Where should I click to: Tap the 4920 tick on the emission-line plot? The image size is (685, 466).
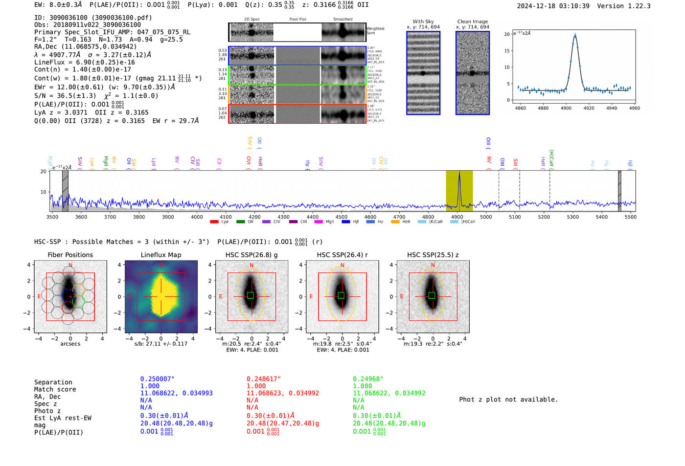pos(589,108)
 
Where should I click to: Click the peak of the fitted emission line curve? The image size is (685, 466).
pos(575,35)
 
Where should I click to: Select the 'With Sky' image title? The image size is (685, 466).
pos(423,22)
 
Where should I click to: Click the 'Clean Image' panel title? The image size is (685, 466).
pos(472,22)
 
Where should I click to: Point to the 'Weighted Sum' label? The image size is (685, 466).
pos(375,31)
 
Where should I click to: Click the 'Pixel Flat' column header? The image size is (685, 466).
pos(297,20)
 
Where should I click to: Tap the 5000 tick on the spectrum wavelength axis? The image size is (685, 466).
pos(486,217)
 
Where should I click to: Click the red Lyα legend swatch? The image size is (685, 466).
pos(214,222)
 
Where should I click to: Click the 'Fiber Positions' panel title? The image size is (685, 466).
pos(70,255)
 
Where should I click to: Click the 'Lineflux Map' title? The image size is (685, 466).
pos(160,255)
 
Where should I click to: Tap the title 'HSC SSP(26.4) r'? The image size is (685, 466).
pos(342,255)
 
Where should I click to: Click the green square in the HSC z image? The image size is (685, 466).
pos(432,295)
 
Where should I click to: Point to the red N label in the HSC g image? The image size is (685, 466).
pos(251,266)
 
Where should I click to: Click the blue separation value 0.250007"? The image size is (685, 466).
pos(157,379)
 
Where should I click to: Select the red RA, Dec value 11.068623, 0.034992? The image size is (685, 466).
pos(282,393)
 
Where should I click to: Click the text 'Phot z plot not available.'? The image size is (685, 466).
pos(508,399)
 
